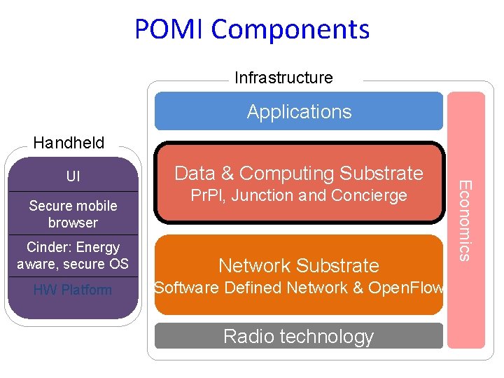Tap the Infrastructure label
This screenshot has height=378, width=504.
click(283, 78)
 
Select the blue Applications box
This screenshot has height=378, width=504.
click(299, 112)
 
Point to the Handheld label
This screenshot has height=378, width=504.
click(69, 143)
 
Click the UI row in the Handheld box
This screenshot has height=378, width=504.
click(73, 176)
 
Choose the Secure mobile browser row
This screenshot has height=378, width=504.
click(73, 213)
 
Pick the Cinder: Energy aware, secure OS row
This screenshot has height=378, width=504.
click(73, 255)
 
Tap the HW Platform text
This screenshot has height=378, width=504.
click(73, 290)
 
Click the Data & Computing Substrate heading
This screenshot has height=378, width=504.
click(299, 173)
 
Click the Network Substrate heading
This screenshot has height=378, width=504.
click(299, 266)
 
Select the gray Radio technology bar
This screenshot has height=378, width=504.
click(299, 336)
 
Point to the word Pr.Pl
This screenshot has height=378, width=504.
click(207, 195)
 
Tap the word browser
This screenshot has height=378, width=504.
click(73, 223)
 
